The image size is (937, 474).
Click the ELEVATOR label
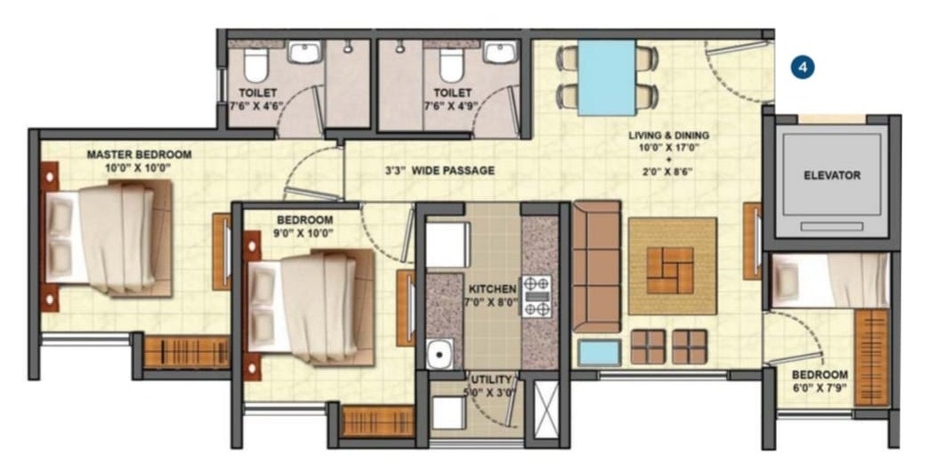click(x=832, y=176)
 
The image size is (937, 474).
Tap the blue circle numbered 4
click(x=803, y=68)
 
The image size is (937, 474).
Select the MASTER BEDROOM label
click(x=139, y=154)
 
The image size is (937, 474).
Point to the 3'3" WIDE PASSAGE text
click(x=440, y=170)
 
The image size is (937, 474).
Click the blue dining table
click(x=607, y=78)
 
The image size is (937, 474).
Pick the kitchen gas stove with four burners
click(x=537, y=296)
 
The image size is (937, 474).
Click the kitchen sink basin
click(x=440, y=354)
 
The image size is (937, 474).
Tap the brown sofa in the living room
click(x=597, y=266)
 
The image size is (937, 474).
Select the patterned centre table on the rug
click(x=670, y=271)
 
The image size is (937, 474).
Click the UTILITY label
click(x=491, y=380)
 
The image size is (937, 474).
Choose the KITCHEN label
click(x=492, y=290)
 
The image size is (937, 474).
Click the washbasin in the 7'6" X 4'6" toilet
click(x=305, y=52)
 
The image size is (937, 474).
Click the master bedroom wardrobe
click(x=187, y=353)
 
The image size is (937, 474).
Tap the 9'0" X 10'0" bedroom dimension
click(x=304, y=233)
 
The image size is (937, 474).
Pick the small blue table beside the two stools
click(x=600, y=353)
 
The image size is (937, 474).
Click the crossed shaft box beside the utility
click(x=545, y=409)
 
